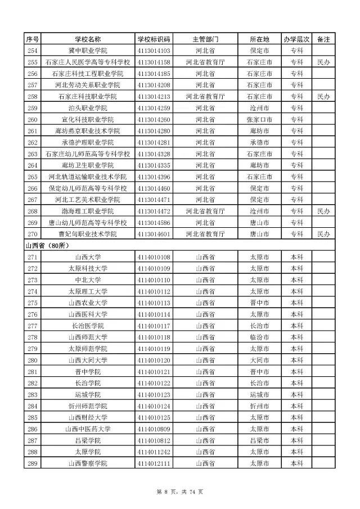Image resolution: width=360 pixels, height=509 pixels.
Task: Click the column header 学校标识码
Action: (x=154, y=39)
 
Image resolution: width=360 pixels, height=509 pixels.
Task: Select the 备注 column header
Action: (x=323, y=39)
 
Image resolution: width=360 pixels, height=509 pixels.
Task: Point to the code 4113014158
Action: (x=154, y=62)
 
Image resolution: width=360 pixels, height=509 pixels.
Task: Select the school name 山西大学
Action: (x=87, y=257)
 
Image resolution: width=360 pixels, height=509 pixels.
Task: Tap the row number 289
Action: (x=32, y=463)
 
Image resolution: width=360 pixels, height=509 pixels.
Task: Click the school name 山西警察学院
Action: (x=87, y=463)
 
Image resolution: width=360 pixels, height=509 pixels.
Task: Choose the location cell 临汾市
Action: (x=259, y=337)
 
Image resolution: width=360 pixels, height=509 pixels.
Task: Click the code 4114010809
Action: (x=154, y=429)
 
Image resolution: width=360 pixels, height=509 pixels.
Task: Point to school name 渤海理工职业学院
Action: (x=87, y=211)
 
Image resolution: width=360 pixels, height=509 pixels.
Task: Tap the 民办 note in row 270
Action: (x=323, y=234)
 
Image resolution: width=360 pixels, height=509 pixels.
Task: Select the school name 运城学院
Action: (x=87, y=394)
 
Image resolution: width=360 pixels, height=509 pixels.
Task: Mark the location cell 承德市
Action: (x=259, y=142)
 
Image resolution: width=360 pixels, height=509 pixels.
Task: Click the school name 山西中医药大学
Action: (x=87, y=429)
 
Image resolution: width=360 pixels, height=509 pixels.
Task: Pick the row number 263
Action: (x=32, y=154)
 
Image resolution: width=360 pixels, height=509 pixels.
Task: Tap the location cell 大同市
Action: (x=259, y=360)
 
